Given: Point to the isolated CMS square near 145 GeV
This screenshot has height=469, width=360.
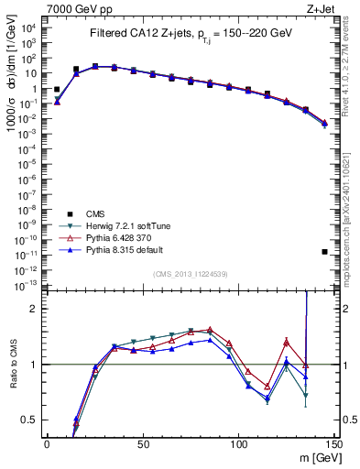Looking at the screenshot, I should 324,251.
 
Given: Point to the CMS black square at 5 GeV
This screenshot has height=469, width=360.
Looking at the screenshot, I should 57,90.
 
